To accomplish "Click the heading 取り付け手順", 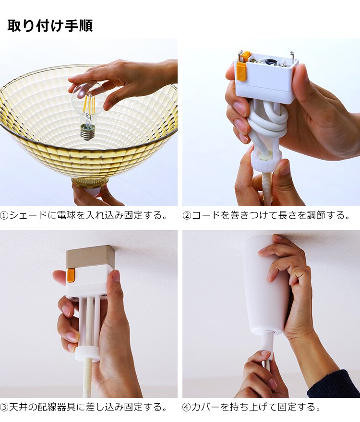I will [50, 26].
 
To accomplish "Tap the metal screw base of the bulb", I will [87, 132].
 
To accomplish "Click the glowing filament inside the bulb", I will [88, 106].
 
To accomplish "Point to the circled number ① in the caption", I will [4, 215].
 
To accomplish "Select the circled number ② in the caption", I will [187, 215].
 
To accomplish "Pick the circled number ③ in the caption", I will [4, 407].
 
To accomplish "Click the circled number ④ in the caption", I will [187, 407].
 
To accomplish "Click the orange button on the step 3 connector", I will [71, 275].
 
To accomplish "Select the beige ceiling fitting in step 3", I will [90, 256].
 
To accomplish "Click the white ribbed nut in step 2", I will [267, 162].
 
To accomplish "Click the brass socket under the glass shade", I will [90, 183].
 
